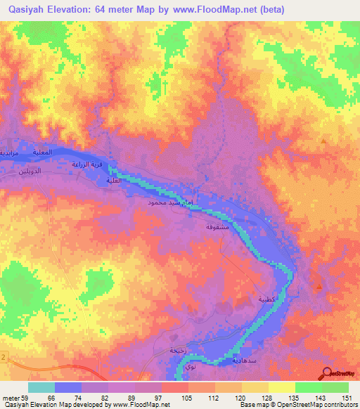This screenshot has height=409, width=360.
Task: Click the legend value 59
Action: (x=25, y=398)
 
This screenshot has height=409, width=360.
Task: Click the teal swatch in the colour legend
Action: (x=41, y=387)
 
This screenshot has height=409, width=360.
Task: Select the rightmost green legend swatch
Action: (x=335, y=387)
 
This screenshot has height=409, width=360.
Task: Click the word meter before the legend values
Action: (x=10, y=398)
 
